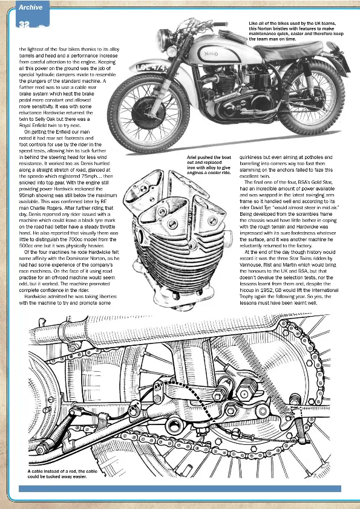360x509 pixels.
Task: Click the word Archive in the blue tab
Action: pyautogui.click(x=30, y=7)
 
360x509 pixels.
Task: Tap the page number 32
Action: pyautogui.click(x=24, y=25)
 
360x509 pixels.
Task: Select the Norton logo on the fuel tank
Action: pyautogui.click(x=211, y=54)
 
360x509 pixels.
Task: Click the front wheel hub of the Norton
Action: pyautogui.click(x=148, y=112)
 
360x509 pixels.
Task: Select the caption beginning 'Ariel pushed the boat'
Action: pyautogui.click(x=209, y=165)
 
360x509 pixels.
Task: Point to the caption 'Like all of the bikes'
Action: pyautogui.click(x=296, y=31)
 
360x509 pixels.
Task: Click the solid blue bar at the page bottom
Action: pyautogui.click(x=180, y=488)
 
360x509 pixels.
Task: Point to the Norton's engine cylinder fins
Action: pyautogui.click(x=225, y=81)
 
